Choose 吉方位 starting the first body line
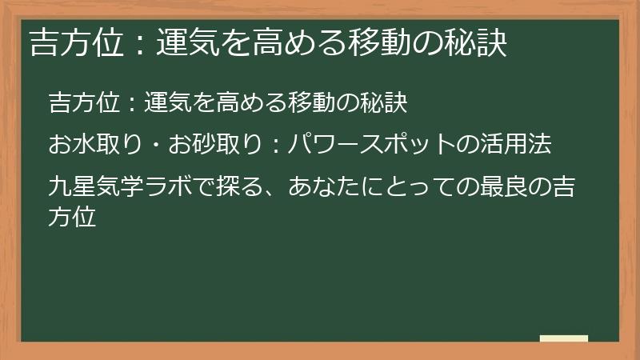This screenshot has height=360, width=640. [82, 102]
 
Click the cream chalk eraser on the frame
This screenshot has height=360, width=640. [564, 338]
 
